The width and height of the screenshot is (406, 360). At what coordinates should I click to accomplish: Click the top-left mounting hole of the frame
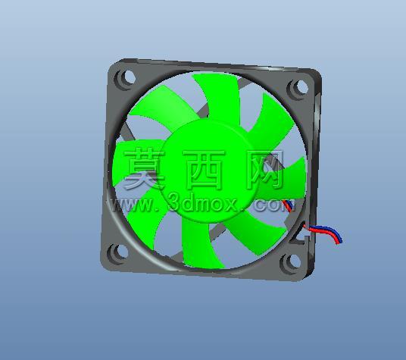[x=128, y=77]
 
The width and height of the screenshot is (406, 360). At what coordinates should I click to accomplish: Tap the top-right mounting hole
[x=301, y=87]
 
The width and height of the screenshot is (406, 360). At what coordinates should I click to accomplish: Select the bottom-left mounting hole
[x=122, y=252]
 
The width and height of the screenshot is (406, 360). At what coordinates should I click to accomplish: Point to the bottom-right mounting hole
[x=294, y=261]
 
